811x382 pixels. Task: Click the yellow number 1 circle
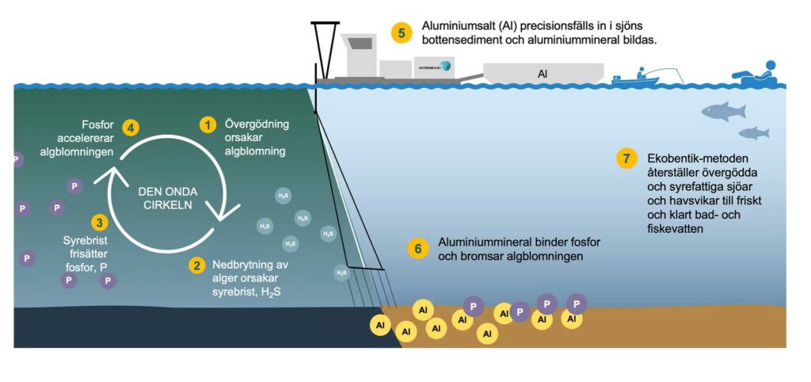point(208,125)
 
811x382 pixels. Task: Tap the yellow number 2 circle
point(196,265)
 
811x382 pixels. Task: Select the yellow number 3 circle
point(99,223)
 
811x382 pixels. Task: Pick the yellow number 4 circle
point(130,127)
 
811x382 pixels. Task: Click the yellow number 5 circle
point(402,32)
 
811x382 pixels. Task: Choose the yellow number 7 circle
point(626,159)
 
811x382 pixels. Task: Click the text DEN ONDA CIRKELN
point(168,197)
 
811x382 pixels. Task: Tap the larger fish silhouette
point(722,111)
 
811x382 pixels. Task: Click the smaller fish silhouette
point(753,133)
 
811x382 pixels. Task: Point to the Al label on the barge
point(543,74)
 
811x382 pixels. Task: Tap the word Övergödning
point(257,124)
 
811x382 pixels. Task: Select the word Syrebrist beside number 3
point(85,239)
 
